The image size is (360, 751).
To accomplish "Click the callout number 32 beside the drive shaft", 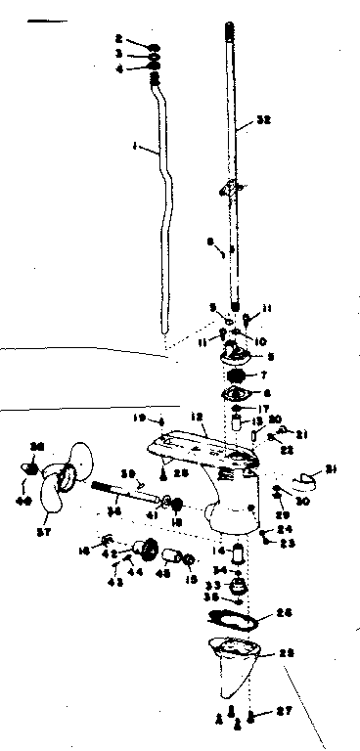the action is (262, 121).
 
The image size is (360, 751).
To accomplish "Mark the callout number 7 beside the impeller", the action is (262, 374).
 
